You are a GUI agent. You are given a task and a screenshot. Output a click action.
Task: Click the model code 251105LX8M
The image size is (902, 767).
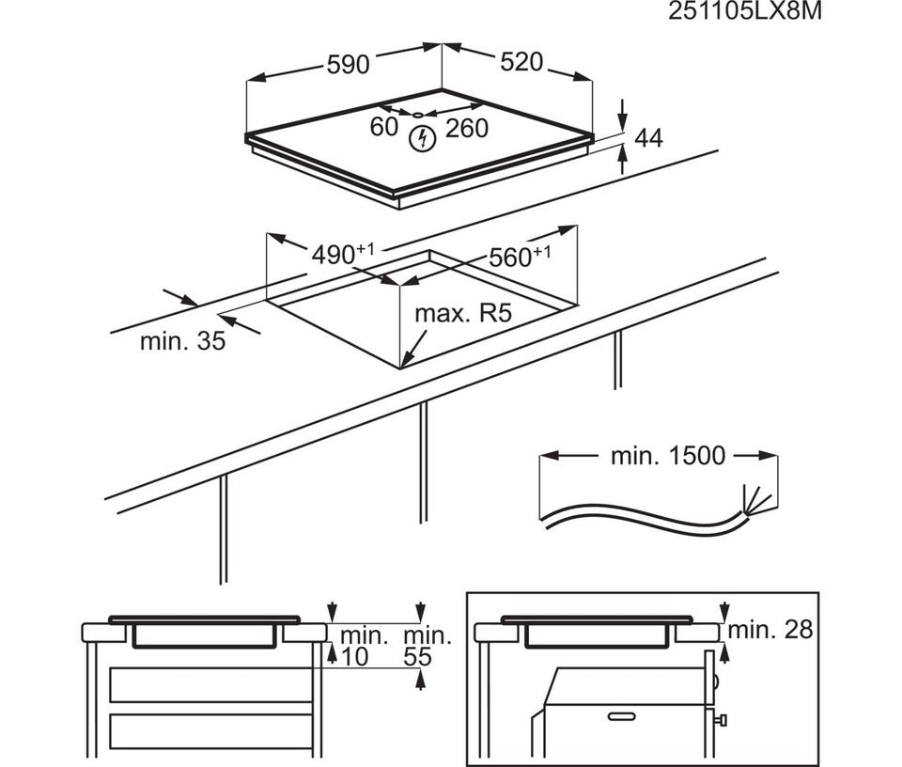point(744,11)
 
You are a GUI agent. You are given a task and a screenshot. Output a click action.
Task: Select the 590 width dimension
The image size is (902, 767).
point(348,65)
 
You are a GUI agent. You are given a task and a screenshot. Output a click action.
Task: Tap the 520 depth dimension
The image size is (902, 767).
point(521,62)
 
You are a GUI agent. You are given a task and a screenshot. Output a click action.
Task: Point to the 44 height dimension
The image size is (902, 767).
point(648,138)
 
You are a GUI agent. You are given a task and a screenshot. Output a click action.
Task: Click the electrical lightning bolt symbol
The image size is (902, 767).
point(422,139)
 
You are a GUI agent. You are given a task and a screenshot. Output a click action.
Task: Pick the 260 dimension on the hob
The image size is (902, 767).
point(467,128)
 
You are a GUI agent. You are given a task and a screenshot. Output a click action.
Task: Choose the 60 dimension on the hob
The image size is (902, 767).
point(383,127)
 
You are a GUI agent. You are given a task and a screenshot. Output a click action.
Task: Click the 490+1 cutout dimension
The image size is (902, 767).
point(342,254)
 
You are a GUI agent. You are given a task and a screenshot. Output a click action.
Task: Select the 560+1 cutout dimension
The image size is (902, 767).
point(519,257)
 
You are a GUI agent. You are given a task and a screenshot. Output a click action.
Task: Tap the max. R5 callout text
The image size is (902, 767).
point(463,314)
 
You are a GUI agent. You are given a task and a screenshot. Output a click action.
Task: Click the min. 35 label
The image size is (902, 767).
point(182,341)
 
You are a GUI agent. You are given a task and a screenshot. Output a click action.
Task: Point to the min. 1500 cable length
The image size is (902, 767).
point(668,456)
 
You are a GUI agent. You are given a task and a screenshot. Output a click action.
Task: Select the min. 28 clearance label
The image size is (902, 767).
point(770,630)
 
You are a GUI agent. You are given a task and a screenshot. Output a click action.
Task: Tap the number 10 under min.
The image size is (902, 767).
point(354,656)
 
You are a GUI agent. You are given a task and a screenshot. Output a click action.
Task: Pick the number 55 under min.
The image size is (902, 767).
point(417,656)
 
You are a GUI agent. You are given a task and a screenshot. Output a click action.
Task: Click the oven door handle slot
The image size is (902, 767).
point(621,716)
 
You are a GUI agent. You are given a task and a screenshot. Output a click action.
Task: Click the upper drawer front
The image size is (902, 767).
point(210,684)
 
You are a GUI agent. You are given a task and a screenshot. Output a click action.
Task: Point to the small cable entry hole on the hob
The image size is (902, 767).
point(417,114)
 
